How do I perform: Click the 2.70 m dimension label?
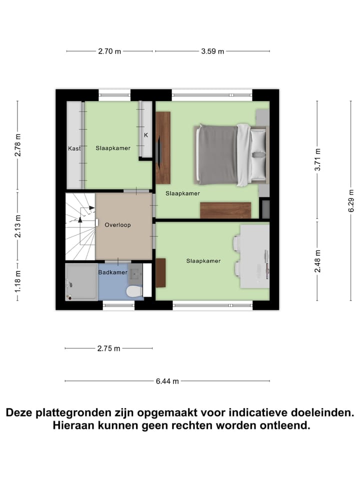point(109,51)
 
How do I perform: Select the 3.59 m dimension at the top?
point(212,51)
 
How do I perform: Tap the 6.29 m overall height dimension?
point(351,200)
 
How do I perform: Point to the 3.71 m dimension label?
point(316,160)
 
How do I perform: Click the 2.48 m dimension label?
point(316,260)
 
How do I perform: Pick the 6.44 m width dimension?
point(167,381)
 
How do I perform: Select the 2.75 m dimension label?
point(108,348)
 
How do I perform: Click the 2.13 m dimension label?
point(18,226)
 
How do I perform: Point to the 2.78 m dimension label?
point(18,145)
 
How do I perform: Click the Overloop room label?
point(117,225)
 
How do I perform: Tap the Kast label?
point(74,148)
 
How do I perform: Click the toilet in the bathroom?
point(134,290)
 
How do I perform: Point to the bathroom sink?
point(135,273)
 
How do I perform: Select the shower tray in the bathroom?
point(81,282)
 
